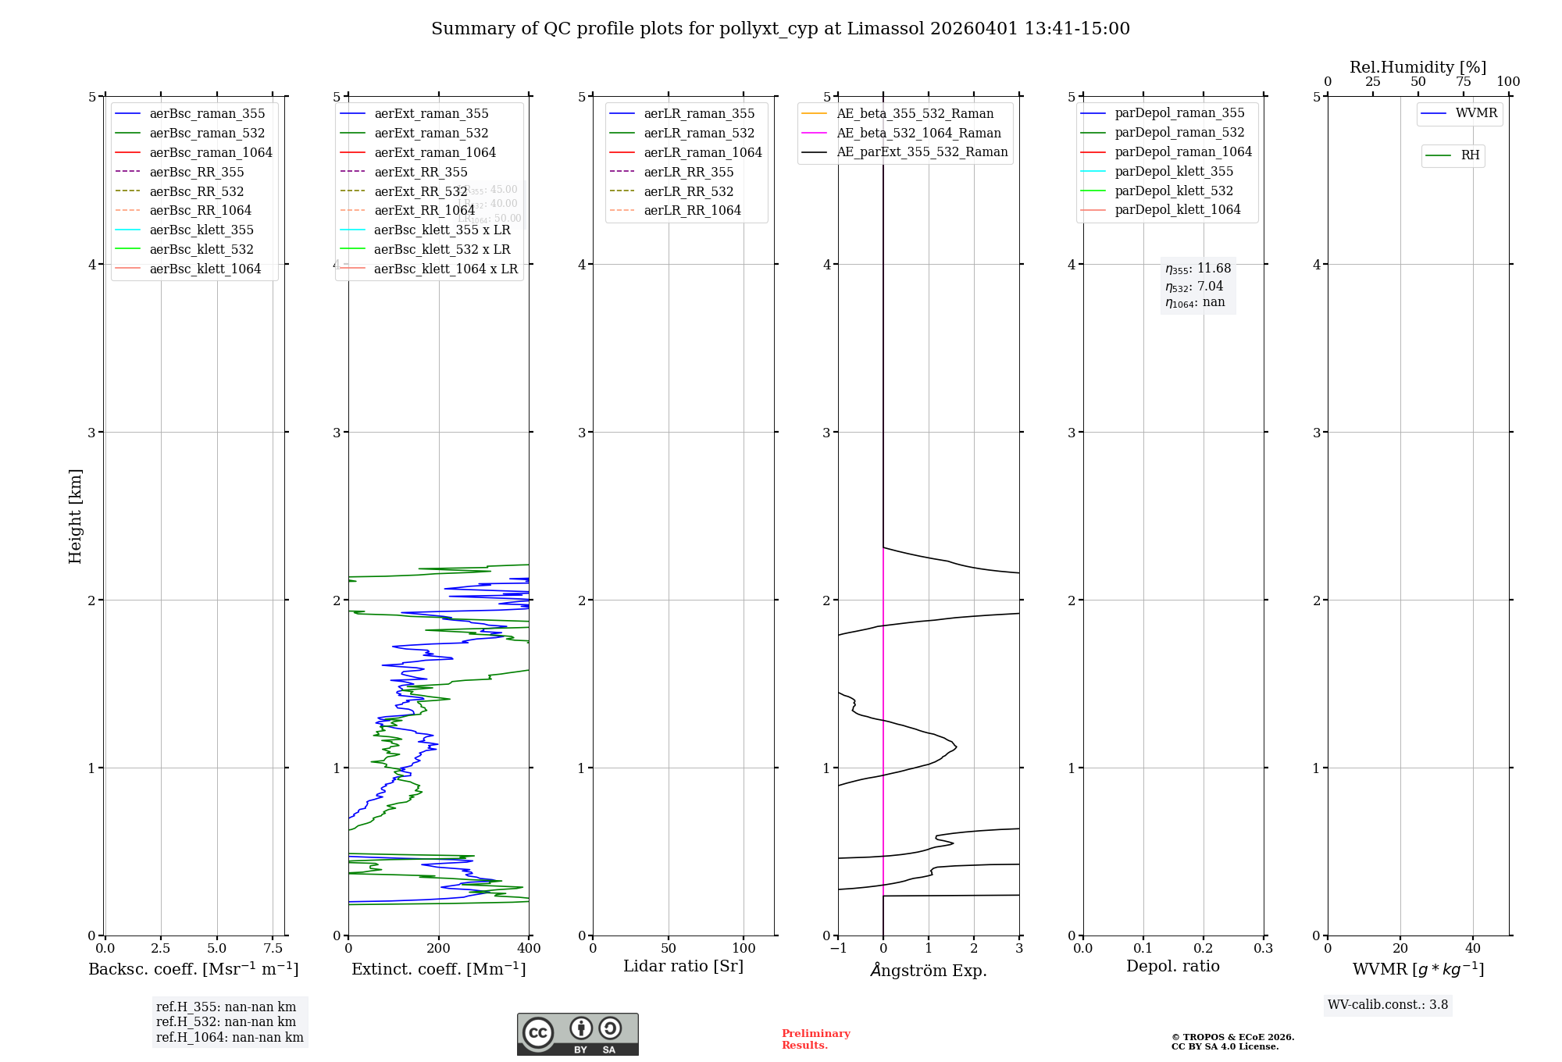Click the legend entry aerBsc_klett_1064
(205, 269)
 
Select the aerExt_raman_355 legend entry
(431, 113)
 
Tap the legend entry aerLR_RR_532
(688, 191)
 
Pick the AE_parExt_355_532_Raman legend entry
(922, 151)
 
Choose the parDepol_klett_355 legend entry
(1173, 171)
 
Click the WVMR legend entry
(1475, 113)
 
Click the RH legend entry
(1469, 155)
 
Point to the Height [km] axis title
(75, 515)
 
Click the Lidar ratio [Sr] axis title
(683, 966)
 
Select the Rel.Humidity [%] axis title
(1418, 67)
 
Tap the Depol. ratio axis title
(1172, 966)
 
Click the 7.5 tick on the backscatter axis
(273, 948)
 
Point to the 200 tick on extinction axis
(439, 948)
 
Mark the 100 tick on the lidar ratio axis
(744, 948)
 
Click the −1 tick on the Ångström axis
(838, 948)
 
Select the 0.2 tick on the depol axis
(1204, 948)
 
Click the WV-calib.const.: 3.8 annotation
(1388, 1004)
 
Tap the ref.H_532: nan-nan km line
(226, 1021)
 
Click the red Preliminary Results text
(815, 1039)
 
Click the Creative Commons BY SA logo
(577, 1034)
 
